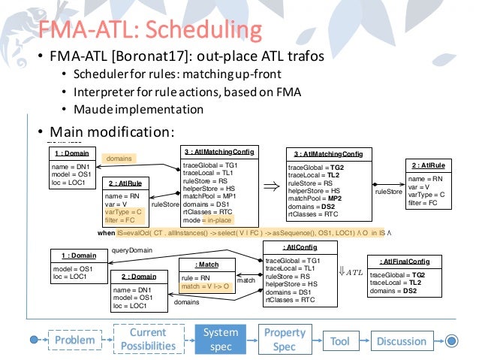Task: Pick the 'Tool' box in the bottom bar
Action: coord(339,340)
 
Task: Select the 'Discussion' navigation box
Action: coord(401,340)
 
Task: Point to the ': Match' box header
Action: coord(207,265)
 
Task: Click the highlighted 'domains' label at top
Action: coord(119,159)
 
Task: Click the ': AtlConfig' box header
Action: coord(296,246)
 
